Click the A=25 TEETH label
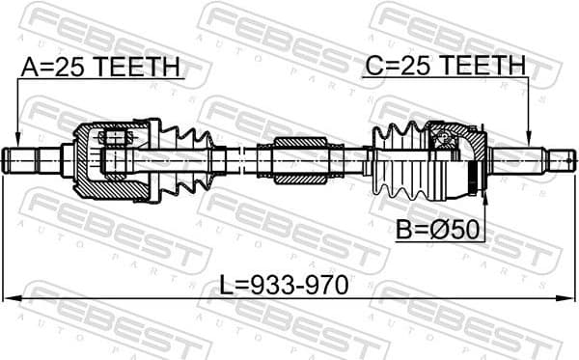[x=100, y=67]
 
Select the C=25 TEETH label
[x=445, y=67]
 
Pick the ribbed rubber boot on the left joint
[x=188, y=158]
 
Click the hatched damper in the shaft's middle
[x=302, y=159]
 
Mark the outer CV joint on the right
[x=458, y=157]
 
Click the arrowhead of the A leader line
[x=17, y=141]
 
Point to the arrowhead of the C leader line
[x=529, y=141]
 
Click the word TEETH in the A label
[x=143, y=67]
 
